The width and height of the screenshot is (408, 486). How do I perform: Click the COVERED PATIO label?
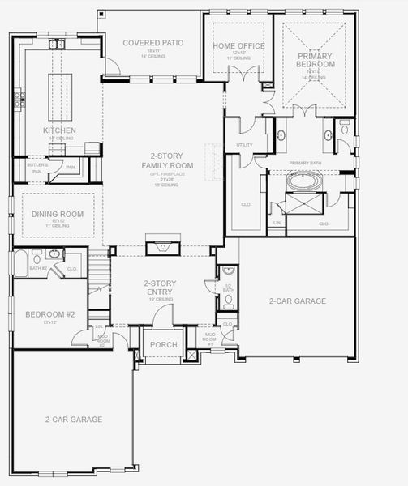[152, 42]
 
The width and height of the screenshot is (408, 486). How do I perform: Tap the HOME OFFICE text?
[238, 46]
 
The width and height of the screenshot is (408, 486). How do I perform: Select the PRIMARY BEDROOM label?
[316, 58]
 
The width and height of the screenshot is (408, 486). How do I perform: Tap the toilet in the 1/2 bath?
[228, 301]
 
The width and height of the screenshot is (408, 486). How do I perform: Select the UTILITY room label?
[244, 146]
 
